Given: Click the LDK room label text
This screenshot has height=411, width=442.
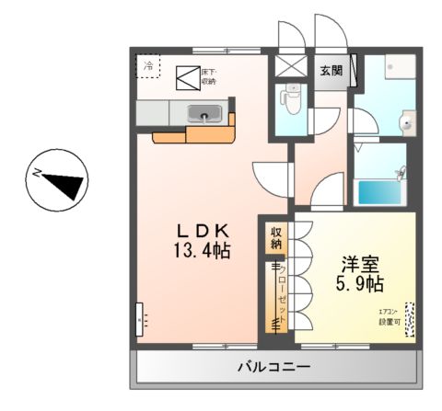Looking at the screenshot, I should click(203, 230).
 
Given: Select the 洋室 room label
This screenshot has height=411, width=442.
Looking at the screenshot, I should click(354, 262).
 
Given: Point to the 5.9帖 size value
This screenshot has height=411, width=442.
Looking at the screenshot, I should click(355, 282).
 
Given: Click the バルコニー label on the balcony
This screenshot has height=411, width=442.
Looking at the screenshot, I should click(273, 367).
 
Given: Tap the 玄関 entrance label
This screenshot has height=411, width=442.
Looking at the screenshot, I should click(331, 70).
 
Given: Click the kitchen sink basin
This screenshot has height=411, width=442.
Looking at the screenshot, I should click(204, 114).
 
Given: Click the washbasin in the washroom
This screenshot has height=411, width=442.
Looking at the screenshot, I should click(405, 120).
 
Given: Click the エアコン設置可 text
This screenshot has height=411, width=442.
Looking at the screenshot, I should click(390, 316).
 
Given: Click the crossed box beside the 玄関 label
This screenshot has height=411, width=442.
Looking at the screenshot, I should click(294, 70).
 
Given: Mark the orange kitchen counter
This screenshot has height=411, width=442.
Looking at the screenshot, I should click(193, 135).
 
